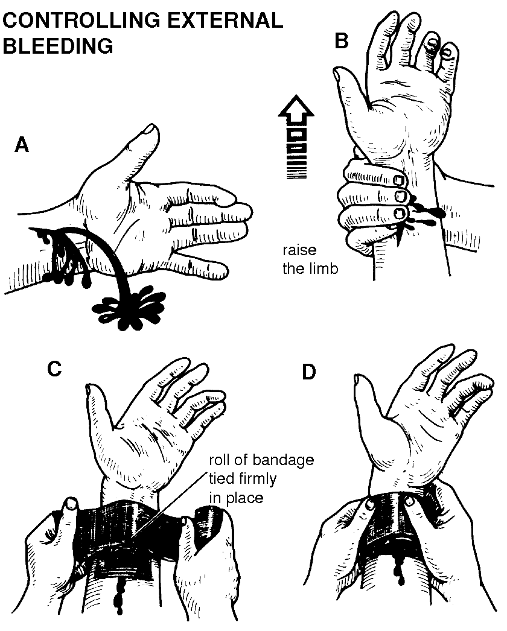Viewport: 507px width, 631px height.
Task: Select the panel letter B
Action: point(341,41)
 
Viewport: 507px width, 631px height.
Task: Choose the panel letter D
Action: point(308,373)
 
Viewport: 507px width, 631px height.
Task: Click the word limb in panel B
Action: point(321,268)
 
